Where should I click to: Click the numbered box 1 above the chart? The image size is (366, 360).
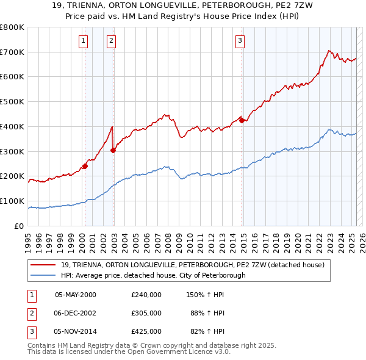click(x=83, y=41)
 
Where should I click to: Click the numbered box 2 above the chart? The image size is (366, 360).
click(x=111, y=41)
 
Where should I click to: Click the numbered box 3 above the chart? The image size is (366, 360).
click(x=240, y=41)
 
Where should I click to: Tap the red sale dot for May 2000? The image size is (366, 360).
click(x=85, y=165)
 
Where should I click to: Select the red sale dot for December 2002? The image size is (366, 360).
click(x=113, y=149)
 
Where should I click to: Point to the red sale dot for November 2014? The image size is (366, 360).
click(x=242, y=120)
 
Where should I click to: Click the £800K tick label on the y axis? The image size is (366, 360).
click(x=12, y=27)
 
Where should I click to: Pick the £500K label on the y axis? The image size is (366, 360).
click(x=12, y=102)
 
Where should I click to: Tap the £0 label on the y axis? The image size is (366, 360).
click(x=18, y=226)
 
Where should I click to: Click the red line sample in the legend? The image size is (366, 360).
click(x=43, y=265)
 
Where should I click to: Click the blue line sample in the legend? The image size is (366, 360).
click(x=43, y=275)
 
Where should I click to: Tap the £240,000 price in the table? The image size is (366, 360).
click(x=146, y=294)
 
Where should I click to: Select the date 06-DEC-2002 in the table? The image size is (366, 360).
click(x=76, y=313)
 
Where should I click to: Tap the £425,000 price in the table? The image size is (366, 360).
click(x=146, y=331)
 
